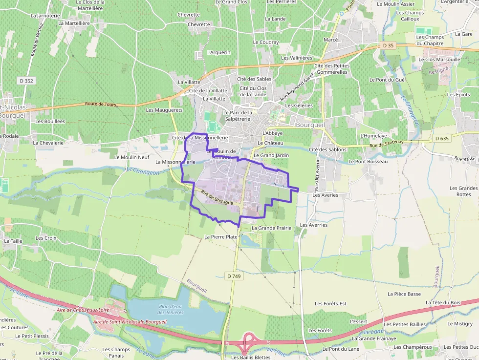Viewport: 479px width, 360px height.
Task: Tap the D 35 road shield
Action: (x=388, y=45)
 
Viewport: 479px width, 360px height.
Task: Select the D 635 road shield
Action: (x=441, y=138)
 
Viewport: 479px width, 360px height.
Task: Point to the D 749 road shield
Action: (x=234, y=276)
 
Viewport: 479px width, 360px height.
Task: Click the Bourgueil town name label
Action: (x=310, y=125)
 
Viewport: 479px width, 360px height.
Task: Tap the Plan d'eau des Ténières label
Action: (x=171, y=309)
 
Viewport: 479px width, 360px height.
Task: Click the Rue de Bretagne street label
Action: (x=214, y=197)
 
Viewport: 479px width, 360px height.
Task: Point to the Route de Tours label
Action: (x=100, y=104)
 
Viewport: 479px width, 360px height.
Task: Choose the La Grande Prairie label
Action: (x=271, y=228)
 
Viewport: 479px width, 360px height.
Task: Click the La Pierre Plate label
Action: (x=220, y=237)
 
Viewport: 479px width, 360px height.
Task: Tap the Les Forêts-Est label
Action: (x=330, y=303)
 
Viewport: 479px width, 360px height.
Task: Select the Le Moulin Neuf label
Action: (x=131, y=157)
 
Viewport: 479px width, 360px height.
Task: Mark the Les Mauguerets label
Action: (x=164, y=110)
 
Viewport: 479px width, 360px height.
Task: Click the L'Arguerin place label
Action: (x=218, y=52)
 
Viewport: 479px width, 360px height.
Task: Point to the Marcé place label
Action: (x=331, y=40)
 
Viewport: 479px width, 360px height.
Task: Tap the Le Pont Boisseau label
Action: (x=368, y=161)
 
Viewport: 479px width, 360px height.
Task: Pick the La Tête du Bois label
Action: (x=443, y=303)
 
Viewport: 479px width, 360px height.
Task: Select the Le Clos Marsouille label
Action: (x=435, y=60)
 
